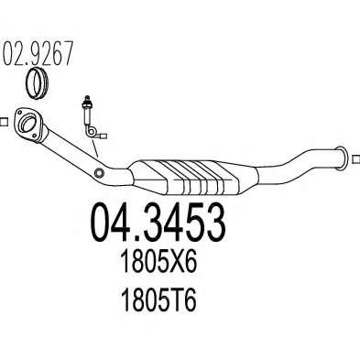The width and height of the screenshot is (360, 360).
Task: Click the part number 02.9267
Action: tap(38, 54)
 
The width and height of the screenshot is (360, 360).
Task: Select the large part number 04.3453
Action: tap(158, 223)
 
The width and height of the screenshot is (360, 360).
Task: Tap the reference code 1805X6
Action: tap(158, 261)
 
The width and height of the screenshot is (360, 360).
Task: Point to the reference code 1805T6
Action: tap(158, 300)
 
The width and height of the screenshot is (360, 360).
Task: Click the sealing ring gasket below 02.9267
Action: tap(37, 83)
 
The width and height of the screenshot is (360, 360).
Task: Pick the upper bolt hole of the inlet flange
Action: tap(21, 112)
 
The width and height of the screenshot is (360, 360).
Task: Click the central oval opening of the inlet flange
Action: tap(28, 123)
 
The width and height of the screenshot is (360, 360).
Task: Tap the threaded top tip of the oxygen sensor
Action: tap(85, 98)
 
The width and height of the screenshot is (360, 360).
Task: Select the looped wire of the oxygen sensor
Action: tap(91, 131)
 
